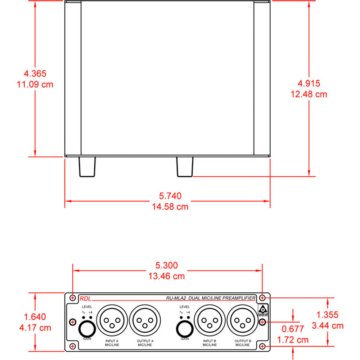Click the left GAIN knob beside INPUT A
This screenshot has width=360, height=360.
[87, 328]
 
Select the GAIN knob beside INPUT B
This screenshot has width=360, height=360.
[185, 328]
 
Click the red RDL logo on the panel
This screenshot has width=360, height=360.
[85, 298]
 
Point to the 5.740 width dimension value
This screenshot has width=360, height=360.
[170, 196]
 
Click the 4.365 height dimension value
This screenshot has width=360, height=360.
[35, 74]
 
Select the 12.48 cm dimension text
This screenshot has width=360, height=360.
[309, 94]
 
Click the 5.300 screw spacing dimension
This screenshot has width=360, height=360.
[166, 266]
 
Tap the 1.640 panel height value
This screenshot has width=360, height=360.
[35, 317]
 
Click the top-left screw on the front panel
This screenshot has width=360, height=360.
[73, 298]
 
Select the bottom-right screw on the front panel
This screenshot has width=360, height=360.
[262, 346]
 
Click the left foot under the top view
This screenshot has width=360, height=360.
[87, 167]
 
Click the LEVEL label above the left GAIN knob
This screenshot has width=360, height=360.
[87, 307]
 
